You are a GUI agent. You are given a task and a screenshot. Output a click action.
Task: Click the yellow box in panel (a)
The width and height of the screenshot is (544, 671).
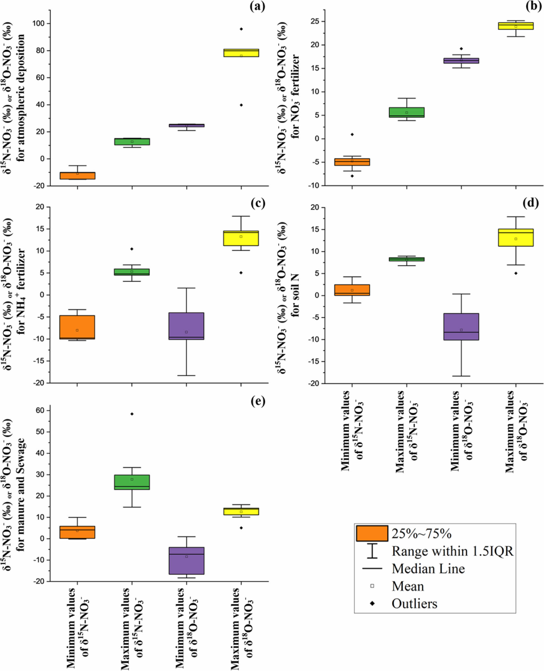(x=241, y=53)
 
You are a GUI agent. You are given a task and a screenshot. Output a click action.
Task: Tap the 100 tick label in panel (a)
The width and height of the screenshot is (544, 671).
(x=39, y=24)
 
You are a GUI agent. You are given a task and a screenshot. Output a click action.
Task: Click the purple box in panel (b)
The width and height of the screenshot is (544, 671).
(x=461, y=61)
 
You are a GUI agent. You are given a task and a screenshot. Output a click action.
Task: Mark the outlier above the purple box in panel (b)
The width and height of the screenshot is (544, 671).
(x=461, y=49)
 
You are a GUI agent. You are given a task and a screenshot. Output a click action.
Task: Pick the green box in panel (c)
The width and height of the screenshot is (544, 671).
(x=132, y=272)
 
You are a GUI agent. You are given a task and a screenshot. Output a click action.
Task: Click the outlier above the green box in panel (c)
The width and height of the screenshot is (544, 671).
(x=132, y=249)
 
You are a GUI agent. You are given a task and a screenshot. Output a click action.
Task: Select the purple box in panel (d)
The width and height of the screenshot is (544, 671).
(x=461, y=327)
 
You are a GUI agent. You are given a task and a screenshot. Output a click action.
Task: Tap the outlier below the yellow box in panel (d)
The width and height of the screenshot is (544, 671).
(x=516, y=273)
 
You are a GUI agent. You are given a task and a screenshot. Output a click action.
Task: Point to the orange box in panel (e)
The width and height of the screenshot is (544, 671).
(x=77, y=532)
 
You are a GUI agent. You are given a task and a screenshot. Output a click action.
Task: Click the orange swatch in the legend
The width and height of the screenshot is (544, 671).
(x=372, y=534)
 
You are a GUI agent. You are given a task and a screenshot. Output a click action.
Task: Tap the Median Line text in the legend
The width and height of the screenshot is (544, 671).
(x=428, y=569)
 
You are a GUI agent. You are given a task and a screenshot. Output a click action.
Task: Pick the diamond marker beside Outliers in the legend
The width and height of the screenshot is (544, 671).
(x=372, y=604)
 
